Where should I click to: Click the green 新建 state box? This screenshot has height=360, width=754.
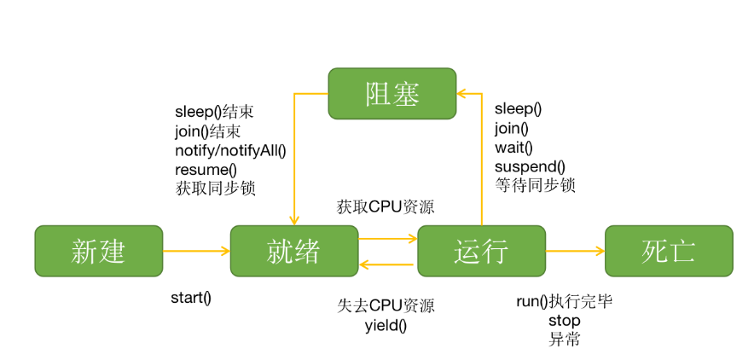[98, 251]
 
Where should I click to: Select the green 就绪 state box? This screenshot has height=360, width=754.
[293, 251]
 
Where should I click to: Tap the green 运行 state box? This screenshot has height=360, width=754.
[481, 251]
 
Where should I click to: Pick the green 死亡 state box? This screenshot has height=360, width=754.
[668, 251]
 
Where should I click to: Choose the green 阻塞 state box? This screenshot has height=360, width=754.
[391, 94]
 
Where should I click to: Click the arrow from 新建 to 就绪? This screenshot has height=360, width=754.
[196, 251]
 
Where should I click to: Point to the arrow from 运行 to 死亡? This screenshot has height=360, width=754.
[575, 251]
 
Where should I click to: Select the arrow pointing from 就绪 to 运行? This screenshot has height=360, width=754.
[387, 239]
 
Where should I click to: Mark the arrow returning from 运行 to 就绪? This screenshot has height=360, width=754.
[387, 264]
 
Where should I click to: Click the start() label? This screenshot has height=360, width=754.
[190, 298]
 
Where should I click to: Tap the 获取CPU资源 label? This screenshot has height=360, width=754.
[380, 206]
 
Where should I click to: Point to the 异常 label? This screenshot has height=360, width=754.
[564, 339]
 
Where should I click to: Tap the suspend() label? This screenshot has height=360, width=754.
[530, 165]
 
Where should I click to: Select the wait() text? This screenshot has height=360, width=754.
[513, 147]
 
